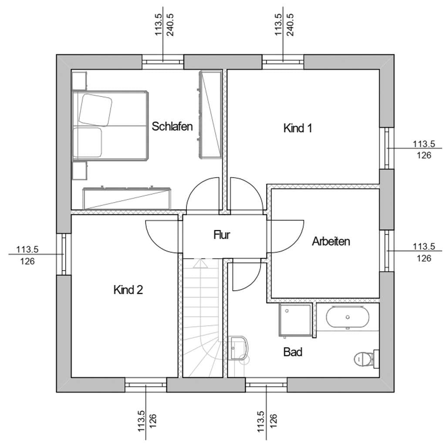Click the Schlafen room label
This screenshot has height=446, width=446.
172,126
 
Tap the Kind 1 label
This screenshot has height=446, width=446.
297,128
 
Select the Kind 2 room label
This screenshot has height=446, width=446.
128,290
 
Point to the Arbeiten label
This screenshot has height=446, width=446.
331,241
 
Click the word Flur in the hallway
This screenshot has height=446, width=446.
222,235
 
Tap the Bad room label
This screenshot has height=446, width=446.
293,352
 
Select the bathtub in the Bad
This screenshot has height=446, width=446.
347,318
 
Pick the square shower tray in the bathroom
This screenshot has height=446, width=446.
296,320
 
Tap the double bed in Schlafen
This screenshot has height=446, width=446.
110,126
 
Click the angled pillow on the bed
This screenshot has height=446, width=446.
95,110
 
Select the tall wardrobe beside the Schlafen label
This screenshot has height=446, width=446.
210,115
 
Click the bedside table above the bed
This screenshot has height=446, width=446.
79,81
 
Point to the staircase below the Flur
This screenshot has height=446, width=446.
202,318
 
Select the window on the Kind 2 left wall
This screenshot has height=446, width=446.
64,254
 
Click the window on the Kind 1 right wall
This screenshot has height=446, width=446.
387,148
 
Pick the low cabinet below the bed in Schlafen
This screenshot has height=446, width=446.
127,198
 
